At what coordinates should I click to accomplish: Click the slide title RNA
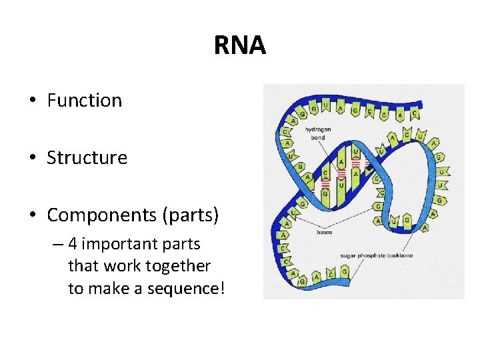click(239, 45)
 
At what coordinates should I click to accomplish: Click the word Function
click(85, 101)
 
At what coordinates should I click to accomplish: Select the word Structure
click(87, 158)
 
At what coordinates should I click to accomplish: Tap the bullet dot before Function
click(31, 101)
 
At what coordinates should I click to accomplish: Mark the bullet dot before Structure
click(31, 159)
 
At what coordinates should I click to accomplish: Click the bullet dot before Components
click(31, 216)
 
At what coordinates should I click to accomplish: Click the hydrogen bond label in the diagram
click(318, 133)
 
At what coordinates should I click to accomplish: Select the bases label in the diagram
click(325, 233)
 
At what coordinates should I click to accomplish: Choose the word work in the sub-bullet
click(121, 266)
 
